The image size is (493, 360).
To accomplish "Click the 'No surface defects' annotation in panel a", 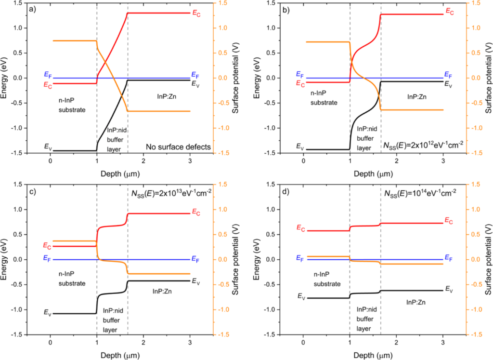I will click(179, 147).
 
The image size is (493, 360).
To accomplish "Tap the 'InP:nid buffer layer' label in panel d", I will click(365, 318).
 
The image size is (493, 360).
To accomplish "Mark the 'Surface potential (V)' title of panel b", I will click(487, 78).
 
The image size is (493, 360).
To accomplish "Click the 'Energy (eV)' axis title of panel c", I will click(6, 259).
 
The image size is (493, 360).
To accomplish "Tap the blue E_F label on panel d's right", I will click(449, 259).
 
